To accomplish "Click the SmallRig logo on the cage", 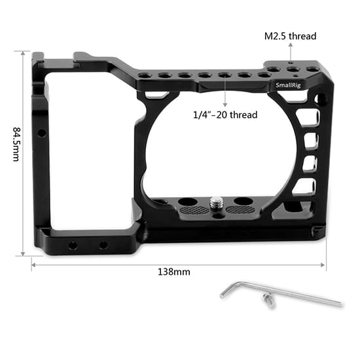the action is click(x=288, y=85).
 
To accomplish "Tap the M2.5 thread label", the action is click(x=290, y=36).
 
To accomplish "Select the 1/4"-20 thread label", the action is click(x=225, y=115).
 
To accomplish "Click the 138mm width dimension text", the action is click(x=174, y=272).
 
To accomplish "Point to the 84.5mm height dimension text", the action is click(x=16, y=144).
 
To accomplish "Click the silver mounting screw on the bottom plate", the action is click(x=215, y=202).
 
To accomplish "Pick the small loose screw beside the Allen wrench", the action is click(x=268, y=300).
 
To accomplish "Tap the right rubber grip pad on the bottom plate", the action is click(x=240, y=209).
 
